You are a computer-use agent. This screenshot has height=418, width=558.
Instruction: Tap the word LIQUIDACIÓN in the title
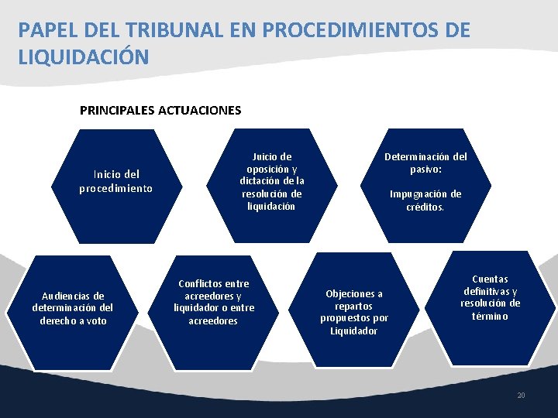pyautogui.click(x=84, y=57)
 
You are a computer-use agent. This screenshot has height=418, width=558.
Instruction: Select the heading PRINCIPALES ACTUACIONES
pyautogui.click(x=160, y=110)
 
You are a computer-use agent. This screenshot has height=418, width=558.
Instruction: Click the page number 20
pyautogui.click(x=521, y=396)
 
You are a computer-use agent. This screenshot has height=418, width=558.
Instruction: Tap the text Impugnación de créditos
pyautogui.click(x=425, y=200)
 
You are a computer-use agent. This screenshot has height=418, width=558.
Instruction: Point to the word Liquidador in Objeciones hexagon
pyautogui.click(x=354, y=331)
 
